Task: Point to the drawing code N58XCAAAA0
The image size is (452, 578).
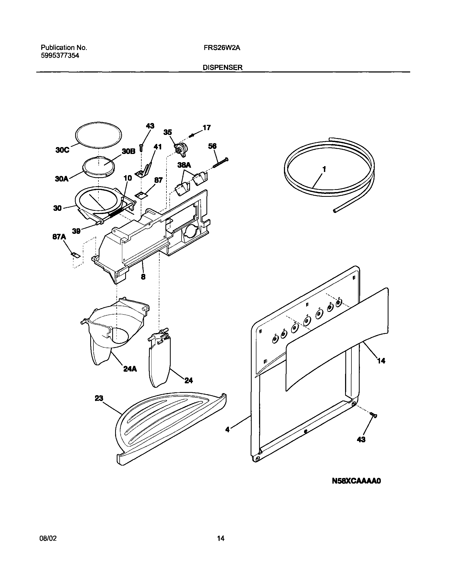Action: click(356, 481)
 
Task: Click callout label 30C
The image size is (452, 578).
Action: click(62, 150)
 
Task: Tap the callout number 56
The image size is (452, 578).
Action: click(212, 146)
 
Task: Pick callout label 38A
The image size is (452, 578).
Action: click(184, 165)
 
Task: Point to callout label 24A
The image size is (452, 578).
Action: click(130, 369)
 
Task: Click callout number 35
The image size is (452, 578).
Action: click(168, 132)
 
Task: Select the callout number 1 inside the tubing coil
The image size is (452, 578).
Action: click(324, 169)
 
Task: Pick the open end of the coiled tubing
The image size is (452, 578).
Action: click(335, 211)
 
